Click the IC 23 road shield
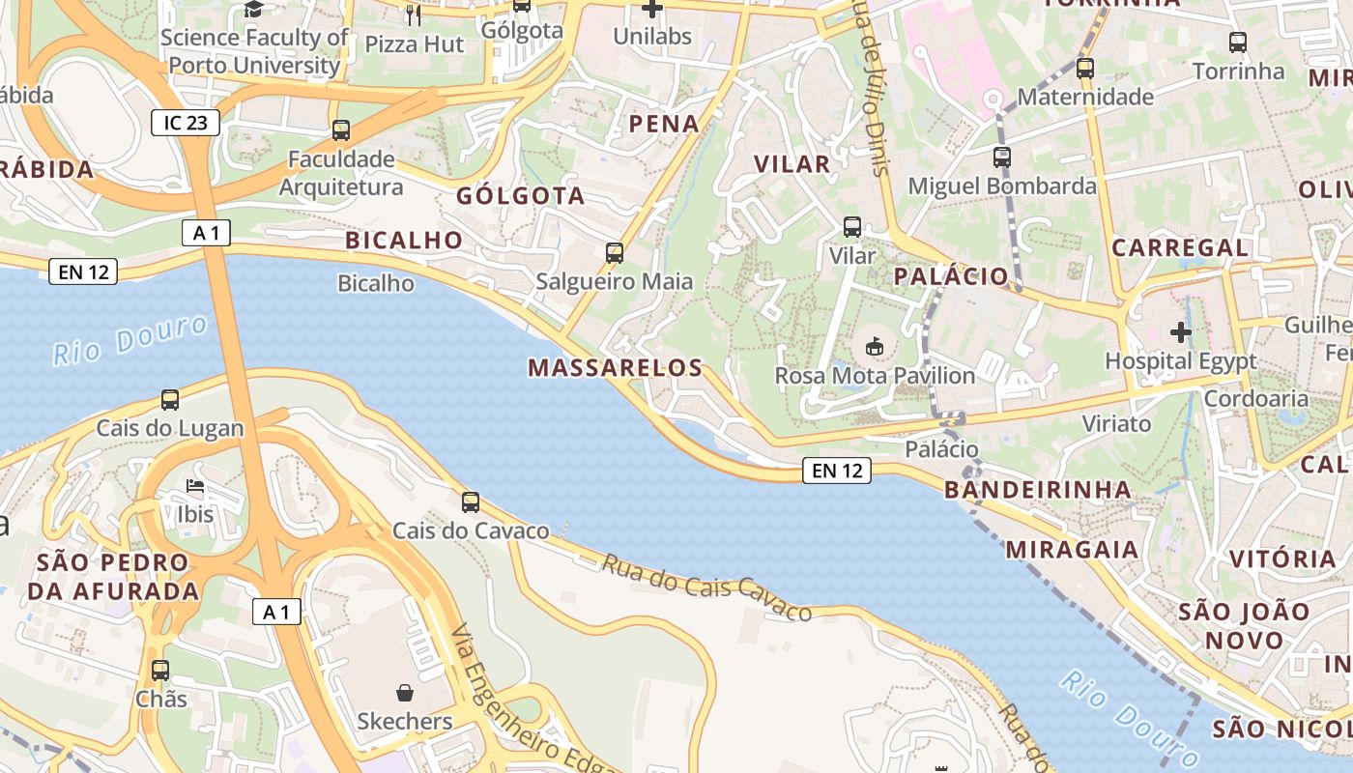click(x=186, y=123)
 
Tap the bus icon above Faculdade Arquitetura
click(x=340, y=130)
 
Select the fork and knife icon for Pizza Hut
click(x=414, y=14)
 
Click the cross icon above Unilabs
click(x=652, y=9)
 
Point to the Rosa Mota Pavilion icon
click(x=875, y=345)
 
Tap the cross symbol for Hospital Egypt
click(x=1180, y=332)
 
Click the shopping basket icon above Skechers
click(x=405, y=693)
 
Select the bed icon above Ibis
click(x=195, y=485)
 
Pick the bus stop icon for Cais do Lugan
click(x=170, y=399)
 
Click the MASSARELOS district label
click(x=616, y=367)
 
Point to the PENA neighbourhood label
click(x=664, y=124)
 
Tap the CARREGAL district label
click(x=1180, y=247)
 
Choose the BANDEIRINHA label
click(x=1038, y=489)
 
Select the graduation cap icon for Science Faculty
click(x=253, y=10)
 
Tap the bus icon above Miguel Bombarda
click(x=1002, y=157)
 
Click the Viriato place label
click(x=1116, y=423)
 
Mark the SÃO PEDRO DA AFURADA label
click(x=113, y=576)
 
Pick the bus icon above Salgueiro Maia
click(x=614, y=253)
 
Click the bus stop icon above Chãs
click(x=160, y=670)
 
